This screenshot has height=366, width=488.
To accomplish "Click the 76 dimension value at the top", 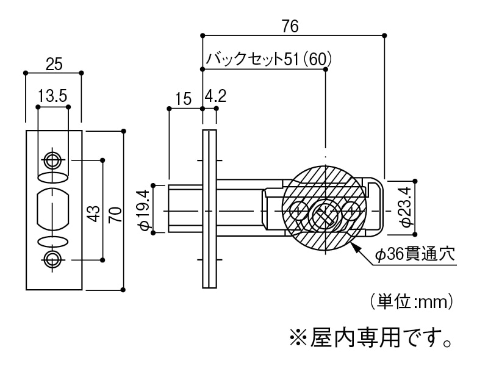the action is point(290,26).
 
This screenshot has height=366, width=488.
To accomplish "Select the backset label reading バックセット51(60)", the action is point(269,59).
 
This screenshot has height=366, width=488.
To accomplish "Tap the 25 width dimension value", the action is point(54,64).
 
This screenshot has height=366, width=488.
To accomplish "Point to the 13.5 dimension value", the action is point(52,96).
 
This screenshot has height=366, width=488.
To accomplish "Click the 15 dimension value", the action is point(183,99).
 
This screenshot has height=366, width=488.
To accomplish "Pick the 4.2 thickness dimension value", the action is point(215,96).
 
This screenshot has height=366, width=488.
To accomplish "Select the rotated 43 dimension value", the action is point(94,213).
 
